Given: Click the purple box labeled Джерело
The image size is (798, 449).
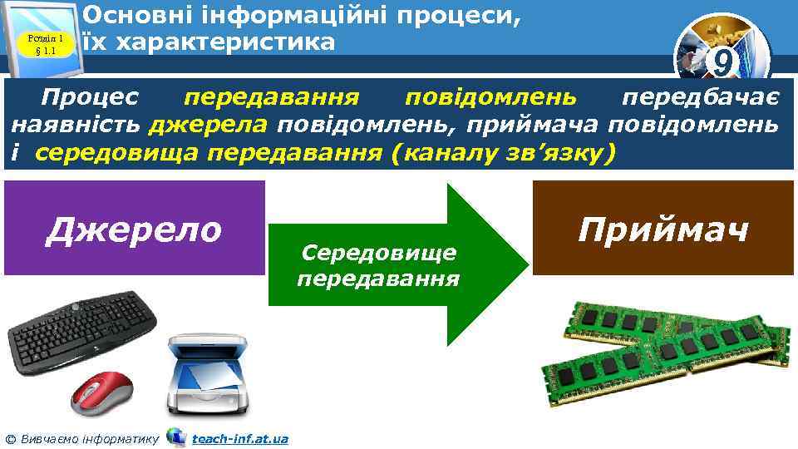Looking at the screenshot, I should [134, 228].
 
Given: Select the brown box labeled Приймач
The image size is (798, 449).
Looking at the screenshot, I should [663, 228].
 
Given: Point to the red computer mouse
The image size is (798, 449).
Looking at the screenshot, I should [101, 391].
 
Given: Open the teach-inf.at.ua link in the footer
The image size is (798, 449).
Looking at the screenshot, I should [239, 438].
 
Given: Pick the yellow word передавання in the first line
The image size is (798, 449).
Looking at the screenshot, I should [271, 97].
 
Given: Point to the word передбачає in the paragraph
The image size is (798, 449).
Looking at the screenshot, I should [700, 97].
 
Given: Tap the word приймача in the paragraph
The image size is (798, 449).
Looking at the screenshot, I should [534, 126].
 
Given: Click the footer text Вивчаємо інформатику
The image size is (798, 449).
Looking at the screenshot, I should [87, 438].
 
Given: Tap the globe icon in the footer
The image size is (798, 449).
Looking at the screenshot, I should [176, 437].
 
